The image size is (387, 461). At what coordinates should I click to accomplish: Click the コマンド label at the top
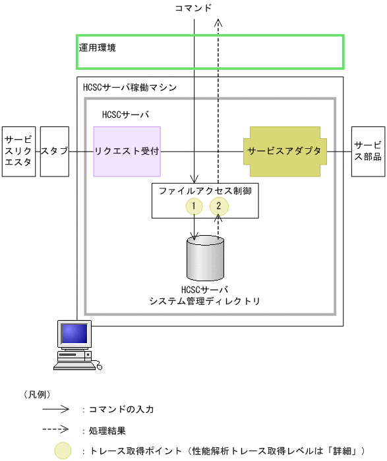point(193,8)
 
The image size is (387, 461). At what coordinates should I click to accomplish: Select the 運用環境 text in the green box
point(98,48)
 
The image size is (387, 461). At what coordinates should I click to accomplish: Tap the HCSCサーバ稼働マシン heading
point(129,87)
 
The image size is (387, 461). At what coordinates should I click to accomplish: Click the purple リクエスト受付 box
point(127,151)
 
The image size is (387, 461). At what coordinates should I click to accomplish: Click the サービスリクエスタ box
point(18,151)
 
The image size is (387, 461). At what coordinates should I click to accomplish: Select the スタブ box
point(54,151)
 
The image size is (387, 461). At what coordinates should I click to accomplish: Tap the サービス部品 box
point(368,151)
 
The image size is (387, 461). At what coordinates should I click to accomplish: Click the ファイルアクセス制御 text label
point(205,190)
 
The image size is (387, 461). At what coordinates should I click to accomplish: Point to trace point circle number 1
point(194,206)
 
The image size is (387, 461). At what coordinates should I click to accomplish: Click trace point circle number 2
point(219,206)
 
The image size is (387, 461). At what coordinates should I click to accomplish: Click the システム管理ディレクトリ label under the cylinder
point(205,302)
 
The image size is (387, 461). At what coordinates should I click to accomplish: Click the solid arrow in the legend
point(55,408)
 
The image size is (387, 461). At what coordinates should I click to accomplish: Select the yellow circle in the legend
point(63,450)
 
